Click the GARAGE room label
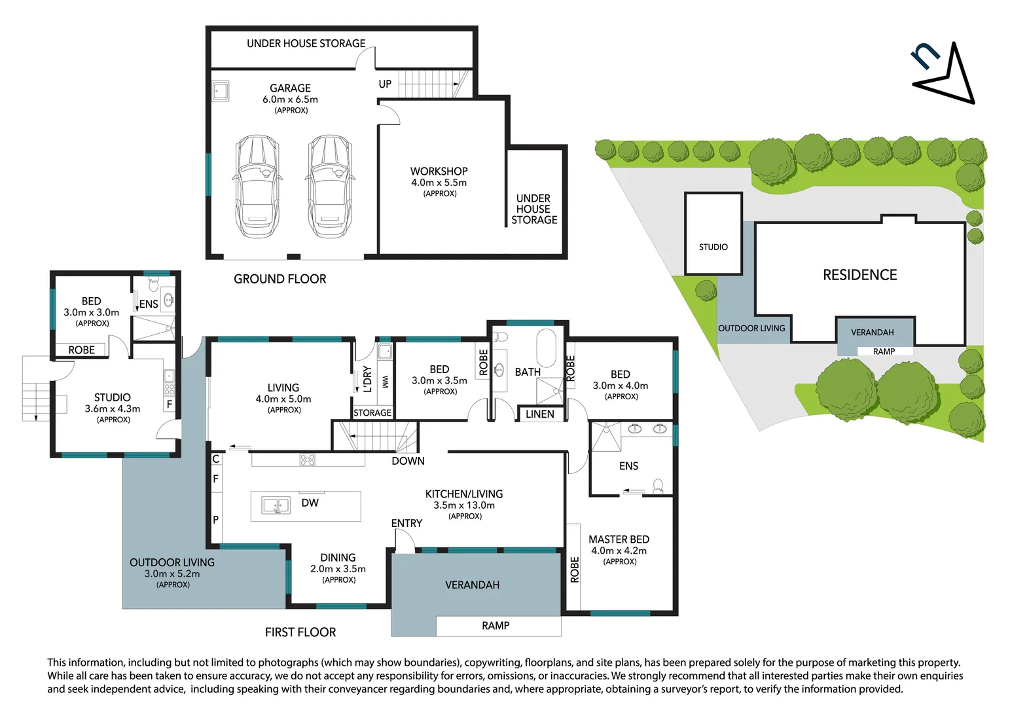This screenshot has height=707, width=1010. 291,88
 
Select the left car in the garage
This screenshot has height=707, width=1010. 257,187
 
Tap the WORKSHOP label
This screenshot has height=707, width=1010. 439,172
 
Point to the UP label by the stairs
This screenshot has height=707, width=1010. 385,84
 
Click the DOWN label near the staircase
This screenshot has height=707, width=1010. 408,461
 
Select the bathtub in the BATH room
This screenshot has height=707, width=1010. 546,348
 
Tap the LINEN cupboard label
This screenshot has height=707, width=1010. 540,414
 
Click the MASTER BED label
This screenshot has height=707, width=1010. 619,539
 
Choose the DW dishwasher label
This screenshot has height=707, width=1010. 310,503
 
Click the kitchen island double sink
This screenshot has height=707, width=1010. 276,505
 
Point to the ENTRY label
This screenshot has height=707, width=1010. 406,523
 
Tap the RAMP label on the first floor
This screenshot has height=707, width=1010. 496,625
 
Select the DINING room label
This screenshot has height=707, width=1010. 338,558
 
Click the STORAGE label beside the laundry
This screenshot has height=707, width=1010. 372,412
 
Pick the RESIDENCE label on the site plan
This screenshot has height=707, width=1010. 859,275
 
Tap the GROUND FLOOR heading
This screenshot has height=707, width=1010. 280,279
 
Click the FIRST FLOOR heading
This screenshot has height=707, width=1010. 300,632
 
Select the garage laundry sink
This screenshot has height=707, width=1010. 221,91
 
